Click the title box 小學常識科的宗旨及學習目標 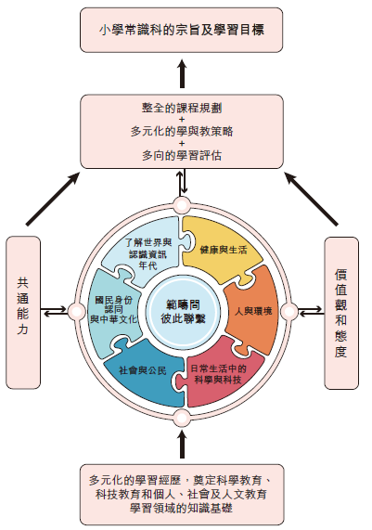coord(182,30)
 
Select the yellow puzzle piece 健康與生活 coord(222,250)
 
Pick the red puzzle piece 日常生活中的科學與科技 coord(220,375)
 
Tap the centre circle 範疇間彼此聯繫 coord(183,311)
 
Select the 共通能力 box coord(23,312)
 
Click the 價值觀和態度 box coord(341,313)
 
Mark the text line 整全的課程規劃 coord(182,109)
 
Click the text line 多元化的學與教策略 coord(182,131)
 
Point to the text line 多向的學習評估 coord(182,156)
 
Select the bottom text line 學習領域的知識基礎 coord(182,508)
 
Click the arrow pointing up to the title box coord(182,73)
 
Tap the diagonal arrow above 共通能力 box coord(53,199)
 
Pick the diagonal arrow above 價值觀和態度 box coord(311,199)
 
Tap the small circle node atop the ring coord(182,205)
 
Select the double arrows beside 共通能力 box coord(56,311)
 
